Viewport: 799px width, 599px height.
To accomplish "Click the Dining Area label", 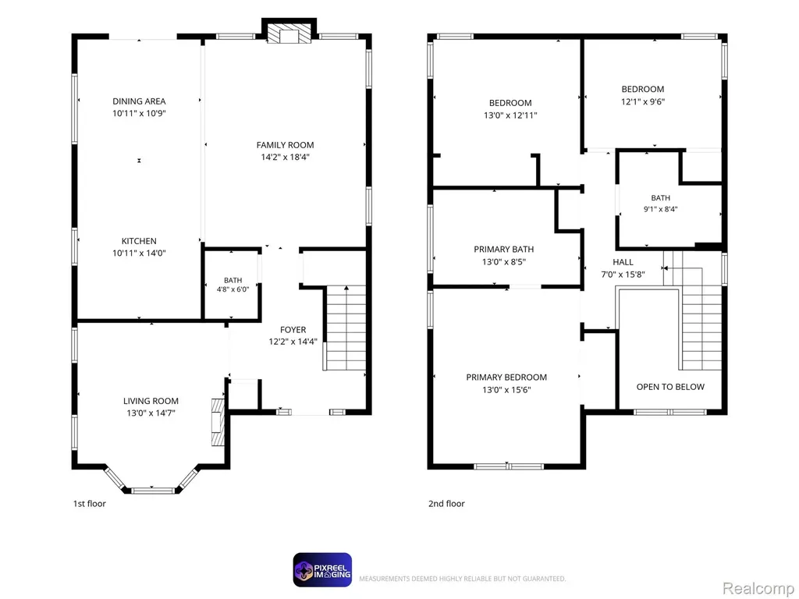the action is (139, 101).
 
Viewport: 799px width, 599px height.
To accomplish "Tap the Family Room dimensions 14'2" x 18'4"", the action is (286, 158).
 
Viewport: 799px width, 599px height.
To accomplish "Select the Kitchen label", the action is (139, 241).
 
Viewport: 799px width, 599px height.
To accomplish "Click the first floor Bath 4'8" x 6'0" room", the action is (233, 285).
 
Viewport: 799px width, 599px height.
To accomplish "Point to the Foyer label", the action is (293, 330).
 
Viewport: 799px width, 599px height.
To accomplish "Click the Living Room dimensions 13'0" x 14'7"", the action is (151, 413).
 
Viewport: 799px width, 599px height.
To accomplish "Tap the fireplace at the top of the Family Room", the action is (289, 34).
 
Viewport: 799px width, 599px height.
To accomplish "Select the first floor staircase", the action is (345, 328).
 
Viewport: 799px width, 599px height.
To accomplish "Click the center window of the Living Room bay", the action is (153, 491).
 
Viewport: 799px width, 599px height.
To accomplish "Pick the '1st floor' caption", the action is (89, 504).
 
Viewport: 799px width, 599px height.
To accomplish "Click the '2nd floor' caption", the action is (446, 504).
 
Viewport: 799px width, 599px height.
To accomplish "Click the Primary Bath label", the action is (504, 249).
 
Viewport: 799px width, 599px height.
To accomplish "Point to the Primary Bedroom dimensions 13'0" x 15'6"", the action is (506, 390).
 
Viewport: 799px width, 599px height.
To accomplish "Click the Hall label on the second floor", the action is (623, 262).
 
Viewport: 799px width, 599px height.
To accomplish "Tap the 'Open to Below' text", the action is (670, 387).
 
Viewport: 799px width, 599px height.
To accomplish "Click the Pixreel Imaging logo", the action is (322, 570).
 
